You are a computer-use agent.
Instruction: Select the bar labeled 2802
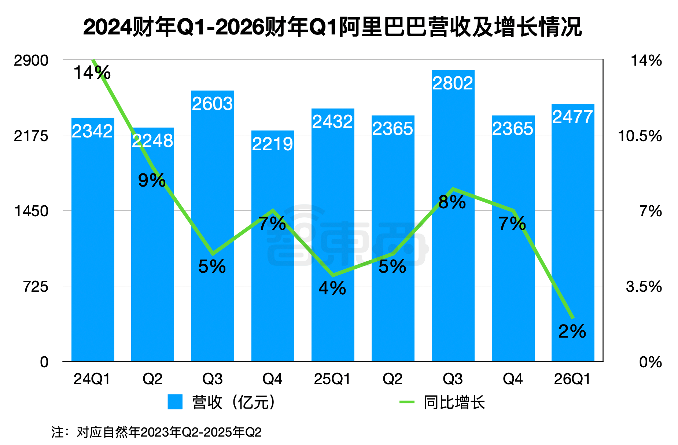(453, 220)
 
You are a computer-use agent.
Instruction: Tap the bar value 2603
(213, 104)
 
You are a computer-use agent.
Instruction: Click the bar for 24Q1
(93, 238)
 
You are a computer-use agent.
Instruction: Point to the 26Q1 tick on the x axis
(572, 379)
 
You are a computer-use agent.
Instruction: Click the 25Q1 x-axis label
(332, 379)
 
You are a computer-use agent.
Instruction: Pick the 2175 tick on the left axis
(31, 136)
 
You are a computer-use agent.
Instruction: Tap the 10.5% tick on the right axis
(640, 136)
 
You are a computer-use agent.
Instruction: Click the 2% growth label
(572, 331)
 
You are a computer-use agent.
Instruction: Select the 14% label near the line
(92, 73)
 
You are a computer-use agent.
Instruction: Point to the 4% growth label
(332, 288)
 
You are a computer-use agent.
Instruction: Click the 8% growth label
(452, 202)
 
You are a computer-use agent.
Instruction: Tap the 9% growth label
(152, 180)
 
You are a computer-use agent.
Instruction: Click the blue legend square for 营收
(175, 402)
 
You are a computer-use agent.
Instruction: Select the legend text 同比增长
(454, 402)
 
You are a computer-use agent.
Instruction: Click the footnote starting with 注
(156, 432)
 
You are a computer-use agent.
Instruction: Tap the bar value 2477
(572, 117)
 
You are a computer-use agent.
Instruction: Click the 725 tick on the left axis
(36, 287)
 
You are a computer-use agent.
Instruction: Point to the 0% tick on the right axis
(650, 362)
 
